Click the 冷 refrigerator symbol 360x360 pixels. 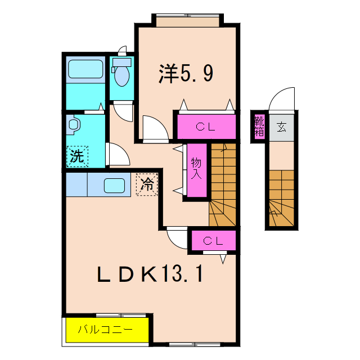pyautogui.click(x=147, y=184)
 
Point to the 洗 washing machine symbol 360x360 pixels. pyautogui.click(x=78, y=156)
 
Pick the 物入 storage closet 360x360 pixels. pyautogui.click(x=196, y=170)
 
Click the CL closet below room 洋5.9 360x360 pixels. pyautogui.click(x=205, y=127)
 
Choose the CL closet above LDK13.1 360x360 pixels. pyautogui.click(x=213, y=241)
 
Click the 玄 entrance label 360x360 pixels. pyautogui.click(x=281, y=127)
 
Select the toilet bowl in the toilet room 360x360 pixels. pyautogui.click(x=121, y=75)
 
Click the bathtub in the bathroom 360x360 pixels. pyautogui.click(x=84, y=70)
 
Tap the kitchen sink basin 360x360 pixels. pyautogui.click(x=117, y=185)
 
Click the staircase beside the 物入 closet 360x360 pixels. pyautogui.click(x=223, y=186)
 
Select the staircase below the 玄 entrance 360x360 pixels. pyautogui.click(x=281, y=197)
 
